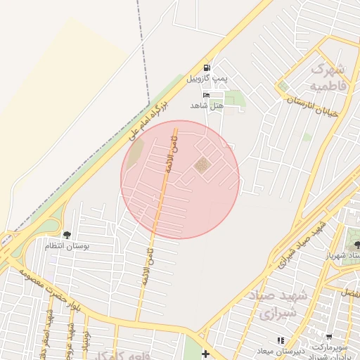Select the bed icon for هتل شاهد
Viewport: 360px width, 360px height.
tap(206, 94)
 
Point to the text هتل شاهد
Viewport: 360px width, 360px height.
tap(206, 105)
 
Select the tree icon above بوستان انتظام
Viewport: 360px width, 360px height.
tap(67, 235)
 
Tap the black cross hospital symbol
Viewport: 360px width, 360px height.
tap(205, 354)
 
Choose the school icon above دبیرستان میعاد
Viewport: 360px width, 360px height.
tap(281, 340)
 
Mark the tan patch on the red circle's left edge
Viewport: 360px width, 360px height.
tap(135, 150)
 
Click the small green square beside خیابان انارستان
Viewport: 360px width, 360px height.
tap(283, 86)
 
